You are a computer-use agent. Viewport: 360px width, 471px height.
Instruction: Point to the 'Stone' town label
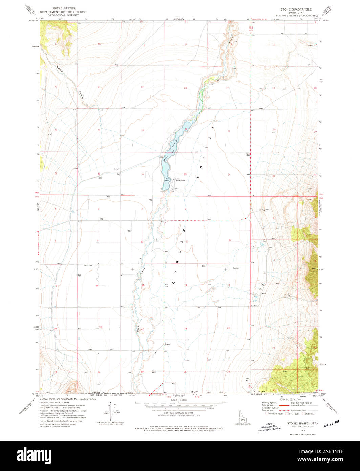pyautogui.click(x=167, y=344)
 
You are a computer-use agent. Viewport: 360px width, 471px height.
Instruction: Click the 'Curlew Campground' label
pyautogui.click(x=180, y=180)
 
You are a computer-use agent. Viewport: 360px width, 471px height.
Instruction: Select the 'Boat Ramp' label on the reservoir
pyautogui.click(x=167, y=180)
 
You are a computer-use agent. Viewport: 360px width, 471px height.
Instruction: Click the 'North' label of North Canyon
pyautogui.click(x=60, y=70)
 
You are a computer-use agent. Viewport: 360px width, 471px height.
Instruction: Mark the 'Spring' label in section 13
pyautogui.click(x=235, y=268)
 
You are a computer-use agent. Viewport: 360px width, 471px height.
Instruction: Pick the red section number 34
pyautogui.click(x=142, y=174)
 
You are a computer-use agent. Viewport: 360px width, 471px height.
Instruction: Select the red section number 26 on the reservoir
pyautogui.click(x=186, y=129)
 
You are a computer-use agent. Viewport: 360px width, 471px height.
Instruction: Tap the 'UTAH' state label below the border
pyautogui.click(x=194, y=395)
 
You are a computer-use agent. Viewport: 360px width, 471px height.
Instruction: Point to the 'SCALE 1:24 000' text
pyautogui.click(x=179, y=400)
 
